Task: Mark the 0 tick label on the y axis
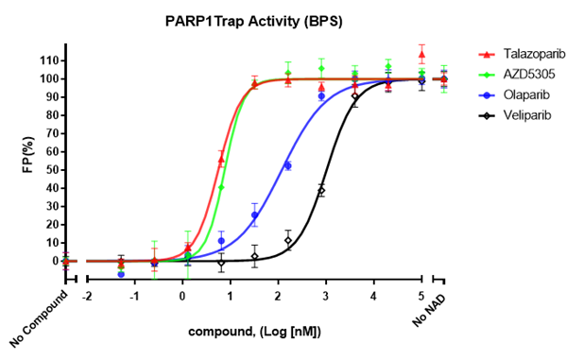click(x=50, y=261)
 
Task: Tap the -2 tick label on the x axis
click(x=86, y=295)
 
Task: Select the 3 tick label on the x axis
click(x=326, y=295)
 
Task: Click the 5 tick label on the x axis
click(x=421, y=295)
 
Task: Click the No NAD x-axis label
click(x=431, y=312)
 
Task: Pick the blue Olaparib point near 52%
click(x=288, y=165)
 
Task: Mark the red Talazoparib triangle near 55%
click(x=221, y=160)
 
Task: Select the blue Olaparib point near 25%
click(x=254, y=214)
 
